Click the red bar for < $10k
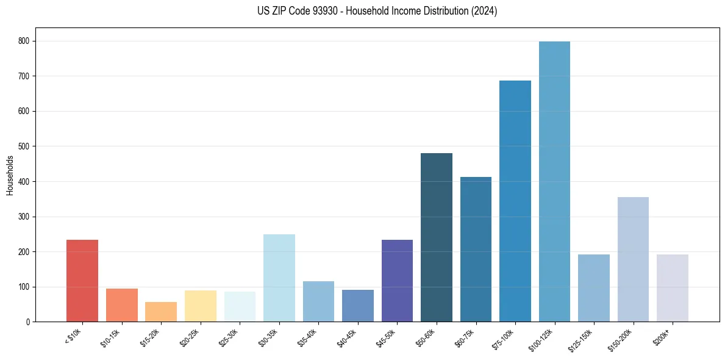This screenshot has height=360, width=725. point(82,281)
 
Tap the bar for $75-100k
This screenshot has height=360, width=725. point(515,201)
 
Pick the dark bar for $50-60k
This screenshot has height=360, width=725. point(437,237)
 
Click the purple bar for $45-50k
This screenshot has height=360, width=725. point(397,281)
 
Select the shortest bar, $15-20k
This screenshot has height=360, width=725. point(161,312)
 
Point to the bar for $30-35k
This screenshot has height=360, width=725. point(279,278)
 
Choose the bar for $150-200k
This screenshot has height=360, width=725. point(633,259)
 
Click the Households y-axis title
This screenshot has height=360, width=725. point(10,175)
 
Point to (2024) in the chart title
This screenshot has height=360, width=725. point(485,11)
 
